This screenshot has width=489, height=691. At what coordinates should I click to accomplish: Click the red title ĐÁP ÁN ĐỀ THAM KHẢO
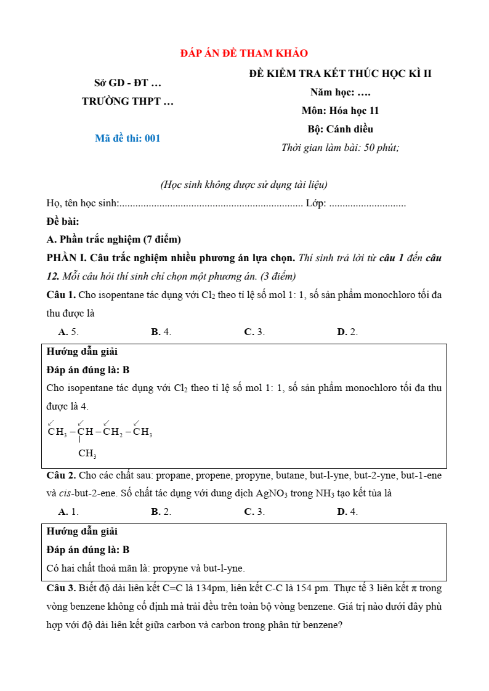click(x=244, y=54)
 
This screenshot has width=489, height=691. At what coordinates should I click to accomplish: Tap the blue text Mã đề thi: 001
click(x=127, y=138)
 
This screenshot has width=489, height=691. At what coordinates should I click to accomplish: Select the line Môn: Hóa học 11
click(x=340, y=111)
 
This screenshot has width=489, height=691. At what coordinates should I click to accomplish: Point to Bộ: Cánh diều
click(x=340, y=129)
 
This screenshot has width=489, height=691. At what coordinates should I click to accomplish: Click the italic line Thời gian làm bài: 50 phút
click(x=340, y=148)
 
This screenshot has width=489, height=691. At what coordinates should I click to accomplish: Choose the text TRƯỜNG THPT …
click(x=127, y=102)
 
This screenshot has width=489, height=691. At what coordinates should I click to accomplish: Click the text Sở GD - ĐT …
click(x=127, y=83)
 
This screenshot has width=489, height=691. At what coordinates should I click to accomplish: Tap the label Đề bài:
click(x=63, y=221)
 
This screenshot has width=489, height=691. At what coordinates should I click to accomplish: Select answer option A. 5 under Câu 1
click(x=68, y=332)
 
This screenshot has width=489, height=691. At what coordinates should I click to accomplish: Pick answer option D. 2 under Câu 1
click(x=347, y=332)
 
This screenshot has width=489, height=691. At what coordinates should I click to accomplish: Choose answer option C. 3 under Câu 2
click(x=254, y=512)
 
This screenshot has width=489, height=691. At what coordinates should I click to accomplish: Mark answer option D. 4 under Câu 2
click(x=347, y=512)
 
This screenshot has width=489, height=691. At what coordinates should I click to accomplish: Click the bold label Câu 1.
click(x=61, y=294)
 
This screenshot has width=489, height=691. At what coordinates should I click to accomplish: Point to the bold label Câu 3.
click(x=61, y=588)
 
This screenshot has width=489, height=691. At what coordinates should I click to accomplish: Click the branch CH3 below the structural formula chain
click(x=87, y=455)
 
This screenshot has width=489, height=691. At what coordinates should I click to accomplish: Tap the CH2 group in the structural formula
click(x=113, y=432)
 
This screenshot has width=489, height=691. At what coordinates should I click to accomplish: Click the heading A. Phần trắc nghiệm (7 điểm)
click(x=113, y=239)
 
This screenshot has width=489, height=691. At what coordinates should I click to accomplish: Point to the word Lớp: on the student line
click(x=316, y=203)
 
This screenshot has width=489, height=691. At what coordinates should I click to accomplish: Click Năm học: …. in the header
click(x=340, y=92)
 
